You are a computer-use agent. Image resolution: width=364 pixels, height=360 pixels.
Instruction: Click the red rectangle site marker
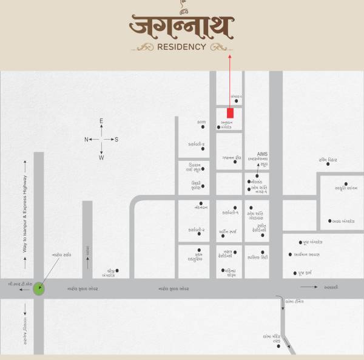click(231, 113)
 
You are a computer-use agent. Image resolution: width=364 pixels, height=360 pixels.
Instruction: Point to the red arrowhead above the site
click(231, 56)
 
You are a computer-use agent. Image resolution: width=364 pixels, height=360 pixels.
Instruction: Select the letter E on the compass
click(101, 121)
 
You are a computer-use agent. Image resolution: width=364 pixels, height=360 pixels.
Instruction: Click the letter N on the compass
click(86, 140)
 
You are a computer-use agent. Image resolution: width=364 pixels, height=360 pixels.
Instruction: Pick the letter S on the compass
click(116, 140)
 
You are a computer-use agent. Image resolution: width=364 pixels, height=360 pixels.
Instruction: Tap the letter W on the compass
click(101, 158)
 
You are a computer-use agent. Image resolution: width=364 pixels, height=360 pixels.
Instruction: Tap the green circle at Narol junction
click(39, 288)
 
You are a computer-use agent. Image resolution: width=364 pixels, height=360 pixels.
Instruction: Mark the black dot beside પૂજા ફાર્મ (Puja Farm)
click(294, 273)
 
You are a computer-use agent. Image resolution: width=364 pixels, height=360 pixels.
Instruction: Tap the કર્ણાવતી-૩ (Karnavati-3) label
click(195, 144)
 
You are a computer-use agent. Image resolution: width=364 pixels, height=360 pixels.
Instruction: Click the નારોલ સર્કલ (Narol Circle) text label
click(62, 255)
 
